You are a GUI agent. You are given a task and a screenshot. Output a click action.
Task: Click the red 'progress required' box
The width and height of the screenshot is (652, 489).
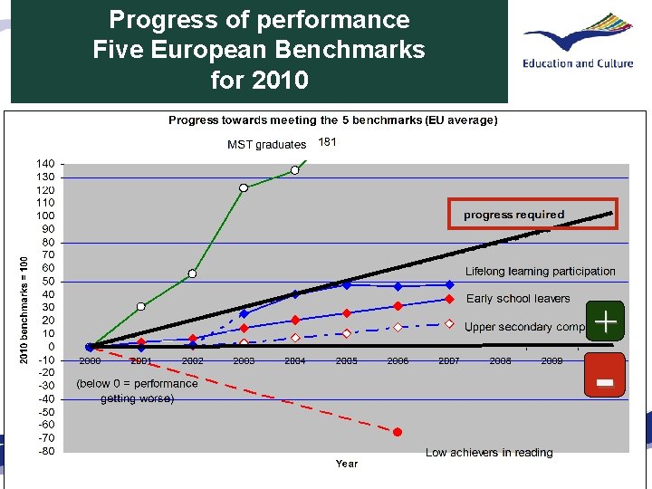(x=532, y=214)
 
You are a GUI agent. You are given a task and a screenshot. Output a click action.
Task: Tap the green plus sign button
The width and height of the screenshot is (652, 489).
(x=605, y=321)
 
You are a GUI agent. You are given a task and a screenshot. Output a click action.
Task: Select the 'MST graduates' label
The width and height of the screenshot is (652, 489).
(x=266, y=144)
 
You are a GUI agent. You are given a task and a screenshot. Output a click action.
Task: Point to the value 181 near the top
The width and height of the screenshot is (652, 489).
(x=327, y=142)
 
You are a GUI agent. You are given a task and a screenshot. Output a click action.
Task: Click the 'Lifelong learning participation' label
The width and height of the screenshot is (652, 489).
(x=540, y=272)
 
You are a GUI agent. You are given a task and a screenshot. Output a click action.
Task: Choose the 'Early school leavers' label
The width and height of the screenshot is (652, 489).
(x=518, y=299)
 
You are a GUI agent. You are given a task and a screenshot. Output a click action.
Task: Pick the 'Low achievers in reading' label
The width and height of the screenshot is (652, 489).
(x=489, y=453)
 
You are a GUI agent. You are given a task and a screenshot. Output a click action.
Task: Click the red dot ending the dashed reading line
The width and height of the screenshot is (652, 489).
(x=397, y=432)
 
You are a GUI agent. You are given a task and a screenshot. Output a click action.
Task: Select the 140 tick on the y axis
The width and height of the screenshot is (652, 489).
(x=44, y=163)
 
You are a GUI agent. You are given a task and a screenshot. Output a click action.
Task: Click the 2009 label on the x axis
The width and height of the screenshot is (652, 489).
(x=551, y=360)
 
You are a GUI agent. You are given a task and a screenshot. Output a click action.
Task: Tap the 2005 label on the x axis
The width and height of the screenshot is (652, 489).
(x=346, y=360)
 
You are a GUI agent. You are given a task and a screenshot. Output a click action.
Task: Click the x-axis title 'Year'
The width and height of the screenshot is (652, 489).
(x=346, y=464)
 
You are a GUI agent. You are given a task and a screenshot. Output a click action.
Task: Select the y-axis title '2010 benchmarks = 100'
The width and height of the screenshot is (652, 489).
(x=24, y=308)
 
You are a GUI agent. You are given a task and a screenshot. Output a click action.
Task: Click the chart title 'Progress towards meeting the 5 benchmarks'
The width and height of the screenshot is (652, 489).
(x=332, y=120)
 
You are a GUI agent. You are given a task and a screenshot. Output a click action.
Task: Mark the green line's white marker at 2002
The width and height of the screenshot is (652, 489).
(x=192, y=273)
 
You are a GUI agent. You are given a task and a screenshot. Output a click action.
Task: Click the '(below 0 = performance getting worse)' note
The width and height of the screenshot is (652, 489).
(x=137, y=390)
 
